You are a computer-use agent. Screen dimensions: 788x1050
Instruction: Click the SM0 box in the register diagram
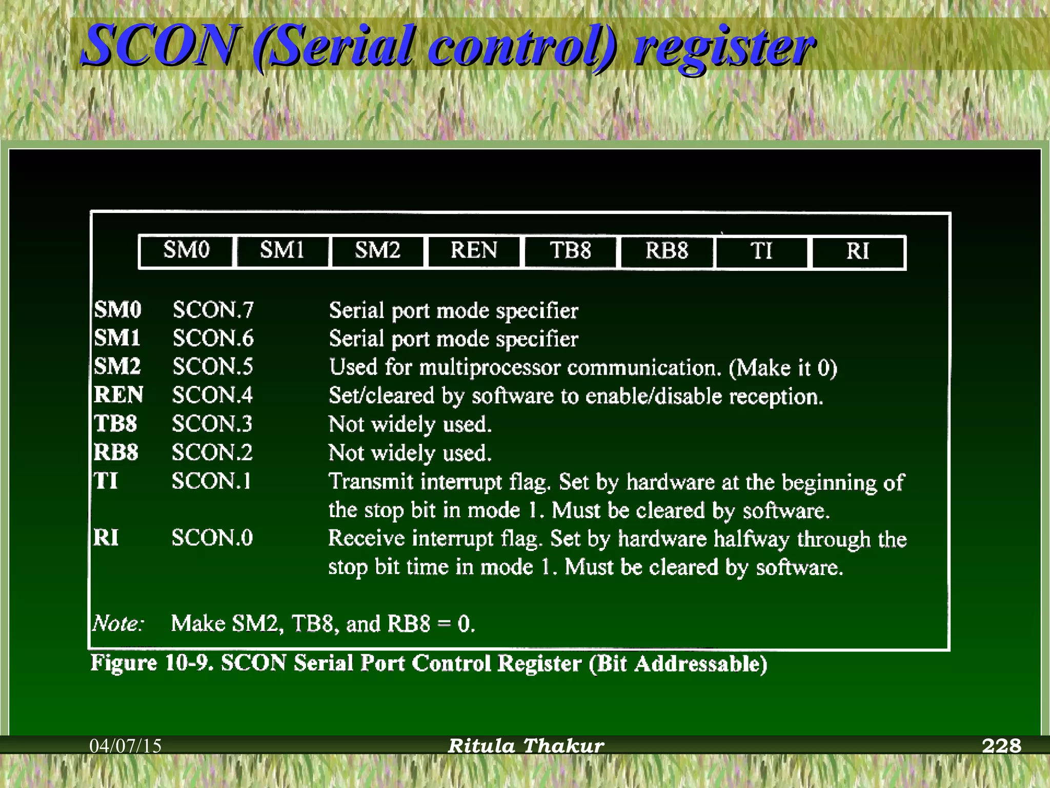(x=186, y=251)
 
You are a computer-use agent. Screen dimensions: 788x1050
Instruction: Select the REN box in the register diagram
(x=474, y=251)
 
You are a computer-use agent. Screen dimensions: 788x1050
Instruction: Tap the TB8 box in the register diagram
(x=570, y=251)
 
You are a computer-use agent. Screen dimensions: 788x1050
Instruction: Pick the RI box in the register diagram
(x=858, y=252)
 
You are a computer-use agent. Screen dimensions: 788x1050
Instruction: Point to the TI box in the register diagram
(x=761, y=252)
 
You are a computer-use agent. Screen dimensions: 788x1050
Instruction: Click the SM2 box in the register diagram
(x=378, y=251)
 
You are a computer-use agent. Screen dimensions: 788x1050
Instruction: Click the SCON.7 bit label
(x=213, y=310)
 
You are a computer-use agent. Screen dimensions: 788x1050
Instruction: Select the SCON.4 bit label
(x=213, y=396)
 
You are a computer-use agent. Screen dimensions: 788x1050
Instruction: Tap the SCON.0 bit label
(x=212, y=538)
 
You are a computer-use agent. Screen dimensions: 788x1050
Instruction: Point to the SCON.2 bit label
(x=212, y=453)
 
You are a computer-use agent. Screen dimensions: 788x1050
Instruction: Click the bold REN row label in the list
(x=118, y=395)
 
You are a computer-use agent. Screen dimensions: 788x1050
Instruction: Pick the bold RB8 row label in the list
(x=116, y=452)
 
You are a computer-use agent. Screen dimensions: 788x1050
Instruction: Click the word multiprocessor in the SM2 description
(x=490, y=368)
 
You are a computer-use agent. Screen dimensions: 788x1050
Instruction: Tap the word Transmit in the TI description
(x=371, y=482)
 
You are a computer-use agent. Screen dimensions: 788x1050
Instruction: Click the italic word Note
(x=118, y=624)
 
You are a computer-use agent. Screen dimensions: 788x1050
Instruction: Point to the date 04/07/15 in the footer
(x=126, y=746)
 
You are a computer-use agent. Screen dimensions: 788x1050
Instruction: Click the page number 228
(x=1001, y=745)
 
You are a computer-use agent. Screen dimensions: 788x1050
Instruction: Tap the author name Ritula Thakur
(x=526, y=745)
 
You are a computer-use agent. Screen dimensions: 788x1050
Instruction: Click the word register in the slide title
(x=723, y=47)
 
